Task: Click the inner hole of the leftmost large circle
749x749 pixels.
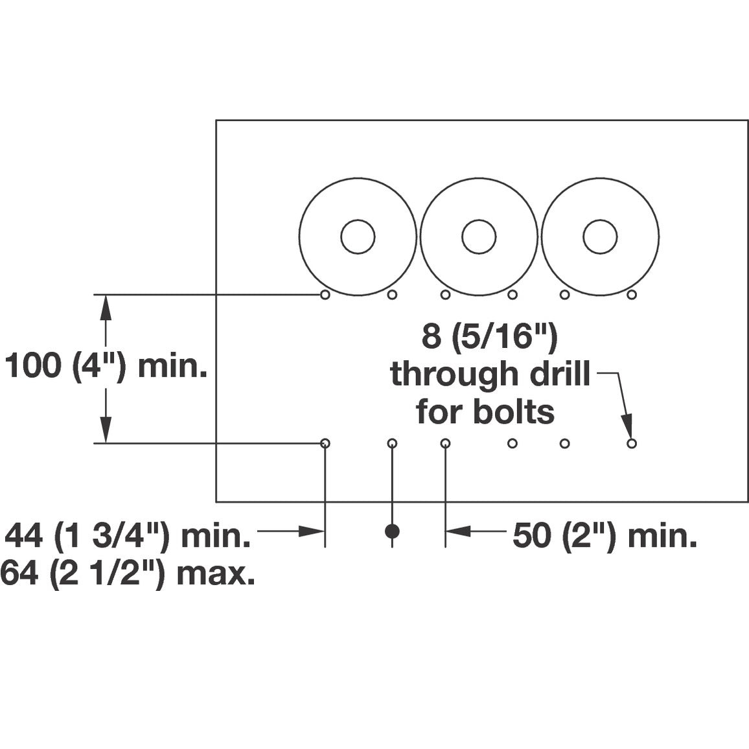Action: tap(358, 237)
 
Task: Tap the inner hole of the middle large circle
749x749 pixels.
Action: tap(479, 237)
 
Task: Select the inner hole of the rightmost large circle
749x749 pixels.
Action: tap(600, 237)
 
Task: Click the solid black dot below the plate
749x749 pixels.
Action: tap(392, 531)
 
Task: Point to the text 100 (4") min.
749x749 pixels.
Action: tap(106, 367)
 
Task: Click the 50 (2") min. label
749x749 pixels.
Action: tap(605, 536)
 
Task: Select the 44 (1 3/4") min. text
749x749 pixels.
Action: tap(128, 536)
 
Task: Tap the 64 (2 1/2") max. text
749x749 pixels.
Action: tap(128, 573)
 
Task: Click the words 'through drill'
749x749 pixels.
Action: tap(490, 374)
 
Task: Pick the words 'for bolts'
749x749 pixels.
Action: tap(485, 411)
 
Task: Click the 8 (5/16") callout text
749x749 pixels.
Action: tap(490, 337)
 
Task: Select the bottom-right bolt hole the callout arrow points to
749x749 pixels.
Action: tap(632, 443)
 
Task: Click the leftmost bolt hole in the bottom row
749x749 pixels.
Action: tap(325, 443)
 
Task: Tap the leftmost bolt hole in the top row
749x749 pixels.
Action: tap(325, 295)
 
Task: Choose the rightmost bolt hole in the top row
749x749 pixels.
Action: tap(632, 295)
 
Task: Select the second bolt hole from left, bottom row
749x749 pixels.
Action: tap(392, 443)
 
